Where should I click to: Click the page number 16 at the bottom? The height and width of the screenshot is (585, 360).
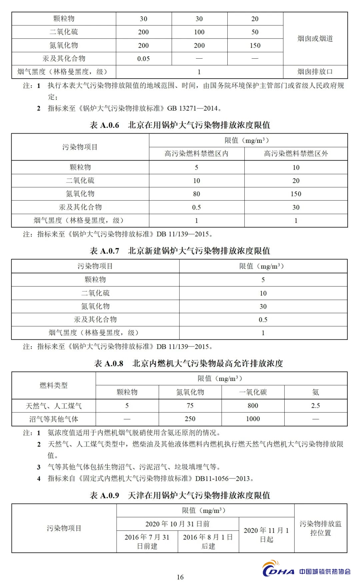tap(180, 577)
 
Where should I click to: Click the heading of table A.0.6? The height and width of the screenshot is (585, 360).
tap(180, 125)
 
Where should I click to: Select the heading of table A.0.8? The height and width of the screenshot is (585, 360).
tap(188, 363)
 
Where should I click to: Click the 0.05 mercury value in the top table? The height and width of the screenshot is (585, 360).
tap(143, 59)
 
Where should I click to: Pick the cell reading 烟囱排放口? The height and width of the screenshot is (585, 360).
tap(315, 72)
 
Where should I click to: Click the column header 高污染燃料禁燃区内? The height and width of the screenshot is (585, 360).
tap(196, 154)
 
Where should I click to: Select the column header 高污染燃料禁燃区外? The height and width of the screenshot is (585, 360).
tap(296, 154)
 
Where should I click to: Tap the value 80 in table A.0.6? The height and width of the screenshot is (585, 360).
tap(196, 194)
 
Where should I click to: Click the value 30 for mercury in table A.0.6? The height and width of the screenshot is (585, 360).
tap(296, 207)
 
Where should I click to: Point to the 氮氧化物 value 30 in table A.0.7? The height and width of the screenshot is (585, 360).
tap(263, 306)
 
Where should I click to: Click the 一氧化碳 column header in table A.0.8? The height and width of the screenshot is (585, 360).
tap(253, 392)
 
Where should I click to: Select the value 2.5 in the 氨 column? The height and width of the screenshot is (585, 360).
tap(315, 406)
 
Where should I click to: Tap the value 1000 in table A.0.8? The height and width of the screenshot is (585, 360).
tap(253, 419)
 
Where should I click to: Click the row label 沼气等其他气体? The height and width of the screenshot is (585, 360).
tap(54, 419)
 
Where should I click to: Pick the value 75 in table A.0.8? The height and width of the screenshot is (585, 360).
tap(190, 406)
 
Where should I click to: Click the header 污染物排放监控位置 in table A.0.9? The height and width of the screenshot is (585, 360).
tap(320, 528)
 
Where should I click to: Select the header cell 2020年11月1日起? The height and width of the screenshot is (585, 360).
tap(266, 534)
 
